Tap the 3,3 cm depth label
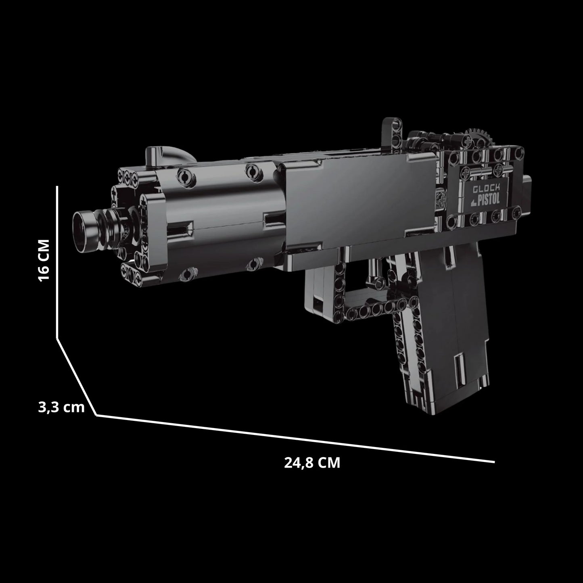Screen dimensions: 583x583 pyautogui.click(x=61, y=407)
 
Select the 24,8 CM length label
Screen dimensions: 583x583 pyautogui.click(x=312, y=462)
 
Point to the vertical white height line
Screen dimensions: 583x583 pyautogui.click(x=57, y=262)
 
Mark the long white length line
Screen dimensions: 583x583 pyautogui.click(x=295, y=438)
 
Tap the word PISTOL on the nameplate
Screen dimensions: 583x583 pyautogui.click(x=489, y=199)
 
